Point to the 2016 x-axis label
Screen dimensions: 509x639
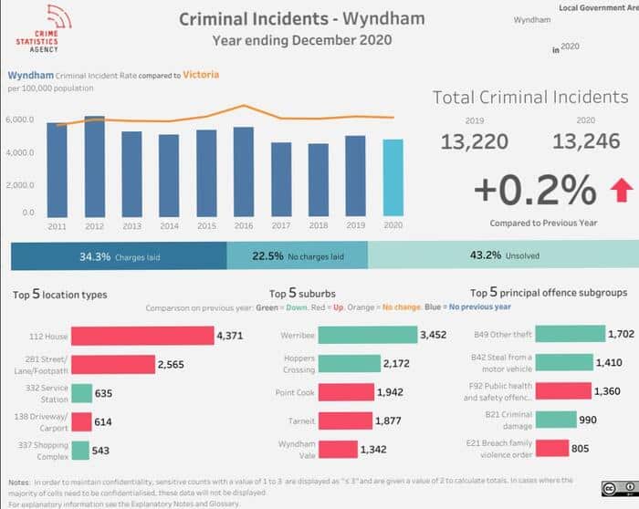243,226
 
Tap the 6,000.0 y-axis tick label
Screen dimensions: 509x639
21,119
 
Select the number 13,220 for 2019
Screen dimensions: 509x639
474,140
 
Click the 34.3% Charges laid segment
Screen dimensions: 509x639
119,256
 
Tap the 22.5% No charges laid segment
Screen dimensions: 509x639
297,256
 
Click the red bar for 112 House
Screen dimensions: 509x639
141,336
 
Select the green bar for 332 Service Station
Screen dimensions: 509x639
81,393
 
